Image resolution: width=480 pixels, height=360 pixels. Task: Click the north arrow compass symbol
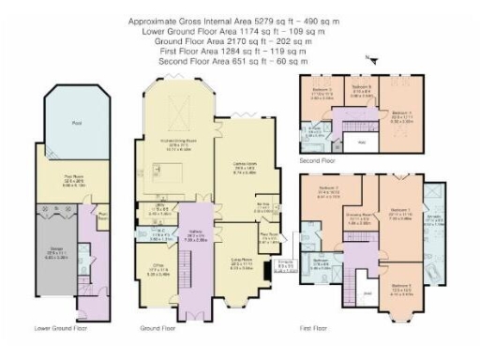373,59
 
